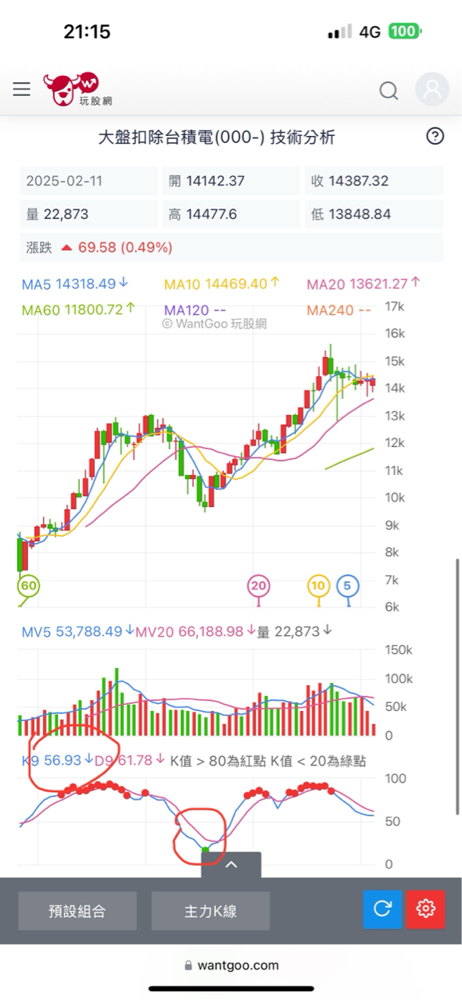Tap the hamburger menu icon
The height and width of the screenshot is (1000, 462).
pyautogui.click(x=22, y=89)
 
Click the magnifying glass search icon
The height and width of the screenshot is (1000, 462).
pyautogui.click(x=389, y=91)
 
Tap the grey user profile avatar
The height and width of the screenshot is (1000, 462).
pyautogui.click(x=432, y=89)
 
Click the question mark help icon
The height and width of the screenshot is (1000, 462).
pyautogui.click(x=435, y=136)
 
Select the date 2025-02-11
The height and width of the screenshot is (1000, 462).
pyautogui.click(x=64, y=181)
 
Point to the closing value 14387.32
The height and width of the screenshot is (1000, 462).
pyautogui.click(x=359, y=181)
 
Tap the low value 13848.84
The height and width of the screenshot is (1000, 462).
pyautogui.click(x=359, y=214)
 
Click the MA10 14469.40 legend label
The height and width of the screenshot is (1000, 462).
pyautogui.click(x=215, y=284)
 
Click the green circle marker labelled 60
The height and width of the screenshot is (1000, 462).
pyautogui.click(x=29, y=585)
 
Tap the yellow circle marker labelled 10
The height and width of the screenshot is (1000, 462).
pyautogui.click(x=318, y=585)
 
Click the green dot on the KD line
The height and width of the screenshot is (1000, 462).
pyautogui.click(x=206, y=850)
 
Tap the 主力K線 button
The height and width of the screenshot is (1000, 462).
pyautogui.click(x=210, y=911)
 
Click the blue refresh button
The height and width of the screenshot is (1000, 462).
pyautogui.click(x=383, y=909)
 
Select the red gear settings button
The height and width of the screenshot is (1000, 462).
pyautogui.click(x=426, y=909)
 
